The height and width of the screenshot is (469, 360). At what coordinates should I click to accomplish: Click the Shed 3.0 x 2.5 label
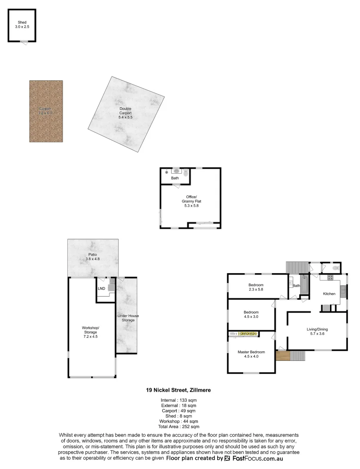(x=22, y=25)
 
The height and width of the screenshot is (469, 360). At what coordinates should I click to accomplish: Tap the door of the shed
(x=26, y=41)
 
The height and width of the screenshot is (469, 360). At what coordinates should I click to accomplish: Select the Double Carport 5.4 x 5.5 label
(x=126, y=113)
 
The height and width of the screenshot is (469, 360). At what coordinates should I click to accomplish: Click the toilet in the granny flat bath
(x=186, y=173)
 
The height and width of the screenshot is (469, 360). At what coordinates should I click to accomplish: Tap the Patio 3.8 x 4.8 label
(x=92, y=257)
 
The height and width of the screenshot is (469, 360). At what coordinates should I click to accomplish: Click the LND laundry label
(x=101, y=288)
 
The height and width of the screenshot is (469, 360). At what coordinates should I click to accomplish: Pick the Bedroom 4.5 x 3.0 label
(x=251, y=314)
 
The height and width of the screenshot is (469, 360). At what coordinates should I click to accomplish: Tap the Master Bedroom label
(x=251, y=354)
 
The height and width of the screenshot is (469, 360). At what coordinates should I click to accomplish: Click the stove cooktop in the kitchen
(x=330, y=277)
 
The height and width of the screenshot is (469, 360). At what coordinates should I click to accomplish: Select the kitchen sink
(x=343, y=290)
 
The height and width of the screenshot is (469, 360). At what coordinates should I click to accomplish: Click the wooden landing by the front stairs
(x=282, y=356)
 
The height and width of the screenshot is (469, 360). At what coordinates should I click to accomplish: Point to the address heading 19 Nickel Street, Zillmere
(x=178, y=390)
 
